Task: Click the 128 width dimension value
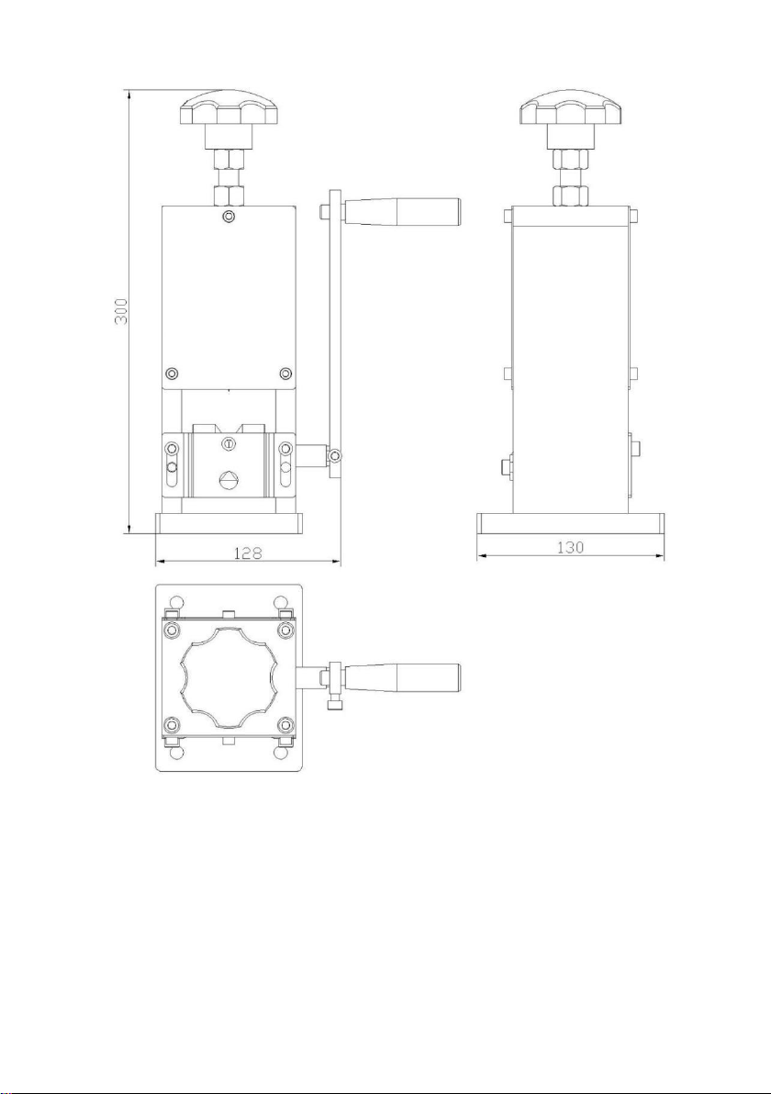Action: click(x=247, y=553)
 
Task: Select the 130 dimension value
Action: click(x=570, y=548)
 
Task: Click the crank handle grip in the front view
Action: click(x=402, y=211)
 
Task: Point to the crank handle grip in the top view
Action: click(x=402, y=677)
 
